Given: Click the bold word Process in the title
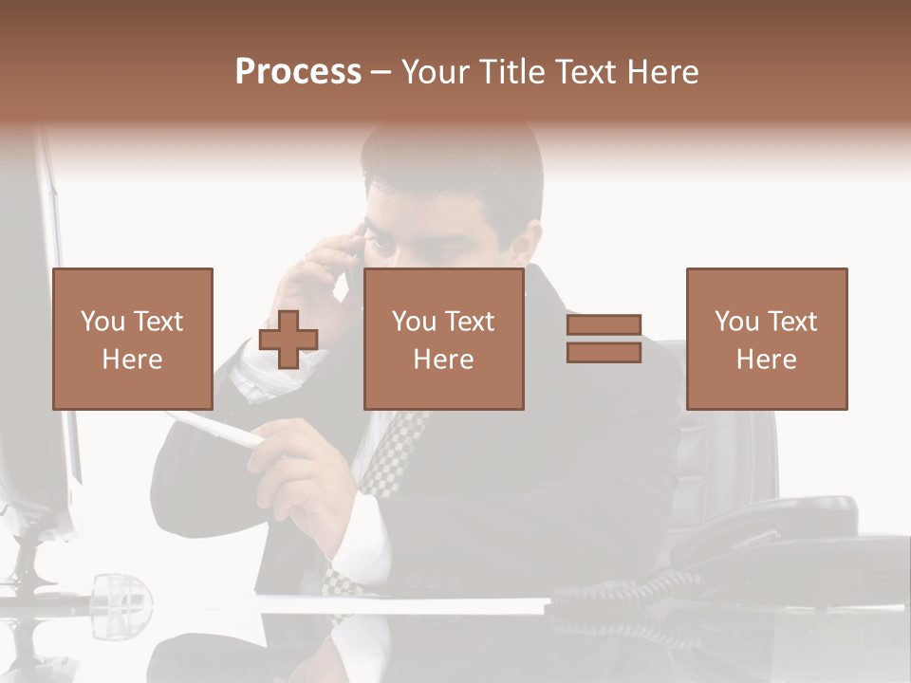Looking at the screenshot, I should tap(298, 72).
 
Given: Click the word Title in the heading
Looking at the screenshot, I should tap(511, 72).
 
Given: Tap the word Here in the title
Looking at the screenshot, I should tap(661, 72).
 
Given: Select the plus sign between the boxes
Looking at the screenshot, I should tap(288, 340).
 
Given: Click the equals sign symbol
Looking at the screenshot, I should tap(604, 339).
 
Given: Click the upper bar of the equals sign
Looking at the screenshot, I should tap(604, 325).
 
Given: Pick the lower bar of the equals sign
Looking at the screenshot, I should tap(604, 352).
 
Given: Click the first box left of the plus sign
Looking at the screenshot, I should tap(132, 339).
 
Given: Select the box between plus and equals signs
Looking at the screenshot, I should tap(443, 339).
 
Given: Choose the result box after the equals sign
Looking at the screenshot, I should tap(766, 339).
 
